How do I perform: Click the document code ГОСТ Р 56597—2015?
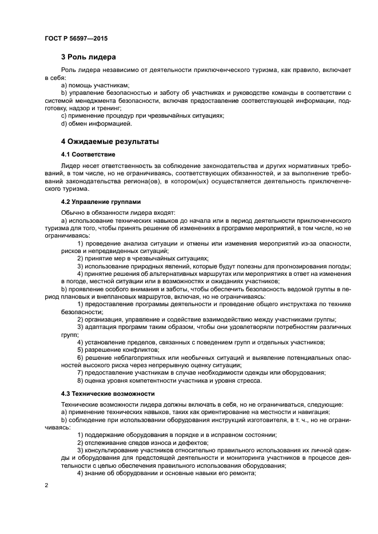(x=75, y=38)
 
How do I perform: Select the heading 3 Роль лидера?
(x=89, y=57)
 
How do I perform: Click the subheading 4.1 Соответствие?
(x=88, y=155)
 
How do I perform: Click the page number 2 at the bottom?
(x=46, y=485)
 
